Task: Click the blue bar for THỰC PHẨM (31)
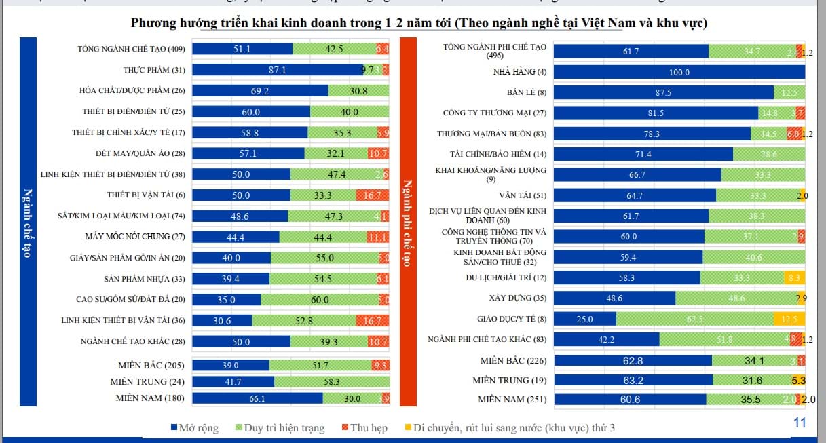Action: [278, 69]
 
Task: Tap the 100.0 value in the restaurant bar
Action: [679, 73]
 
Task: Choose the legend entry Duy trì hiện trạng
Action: [278, 428]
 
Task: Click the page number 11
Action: [799, 423]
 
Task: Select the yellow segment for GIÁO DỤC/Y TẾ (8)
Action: [789, 319]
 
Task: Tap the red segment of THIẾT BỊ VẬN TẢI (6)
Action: [373, 195]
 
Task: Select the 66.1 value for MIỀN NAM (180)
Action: [257, 399]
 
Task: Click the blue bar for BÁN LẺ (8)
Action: [663, 93]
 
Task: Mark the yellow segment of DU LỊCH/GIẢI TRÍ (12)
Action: [794, 277]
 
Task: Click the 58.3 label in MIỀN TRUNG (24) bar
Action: [331, 382]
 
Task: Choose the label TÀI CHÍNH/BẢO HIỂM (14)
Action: [498, 154]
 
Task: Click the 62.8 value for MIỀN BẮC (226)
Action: [633, 361]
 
